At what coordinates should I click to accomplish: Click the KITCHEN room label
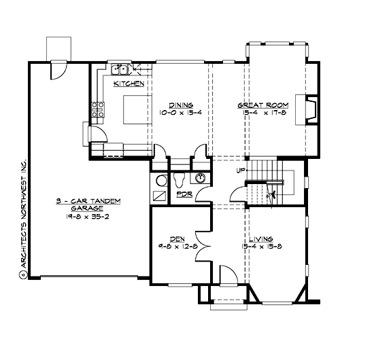[x=129, y=84]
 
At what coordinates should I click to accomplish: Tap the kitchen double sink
[x=121, y=69]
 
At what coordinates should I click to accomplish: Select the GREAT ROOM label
[x=262, y=105]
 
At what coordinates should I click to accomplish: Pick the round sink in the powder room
[x=201, y=179]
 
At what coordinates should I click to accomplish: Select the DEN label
[x=175, y=238]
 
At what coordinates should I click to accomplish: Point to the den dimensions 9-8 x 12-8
[x=175, y=247]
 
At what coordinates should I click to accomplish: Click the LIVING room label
[x=261, y=238]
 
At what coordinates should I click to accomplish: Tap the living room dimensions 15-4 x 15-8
[x=261, y=247]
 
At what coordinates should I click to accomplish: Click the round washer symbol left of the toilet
[x=161, y=181]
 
